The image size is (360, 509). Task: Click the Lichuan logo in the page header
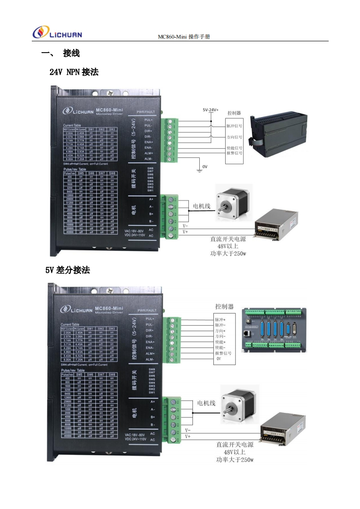point(57,32)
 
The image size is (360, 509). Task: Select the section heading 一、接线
point(60,54)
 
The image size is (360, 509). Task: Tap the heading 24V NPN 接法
point(74,72)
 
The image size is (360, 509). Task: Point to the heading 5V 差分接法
point(68,270)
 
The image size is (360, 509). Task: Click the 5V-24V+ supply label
point(211,110)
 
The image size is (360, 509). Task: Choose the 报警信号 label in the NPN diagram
point(234,153)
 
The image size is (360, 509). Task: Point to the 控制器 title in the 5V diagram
point(224,306)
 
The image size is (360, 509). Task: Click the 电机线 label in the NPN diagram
point(202,206)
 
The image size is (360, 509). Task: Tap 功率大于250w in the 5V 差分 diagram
point(235,460)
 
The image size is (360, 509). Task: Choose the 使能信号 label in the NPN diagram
point(234,148)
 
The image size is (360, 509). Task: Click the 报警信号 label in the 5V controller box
point(223,352)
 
